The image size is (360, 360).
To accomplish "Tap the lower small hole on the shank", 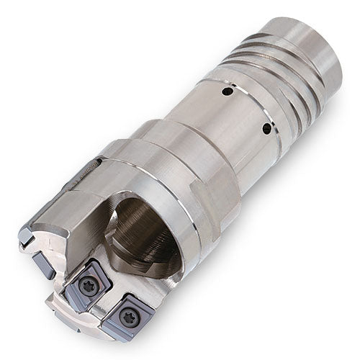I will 266,129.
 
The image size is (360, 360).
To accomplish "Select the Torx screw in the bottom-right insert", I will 130,315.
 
